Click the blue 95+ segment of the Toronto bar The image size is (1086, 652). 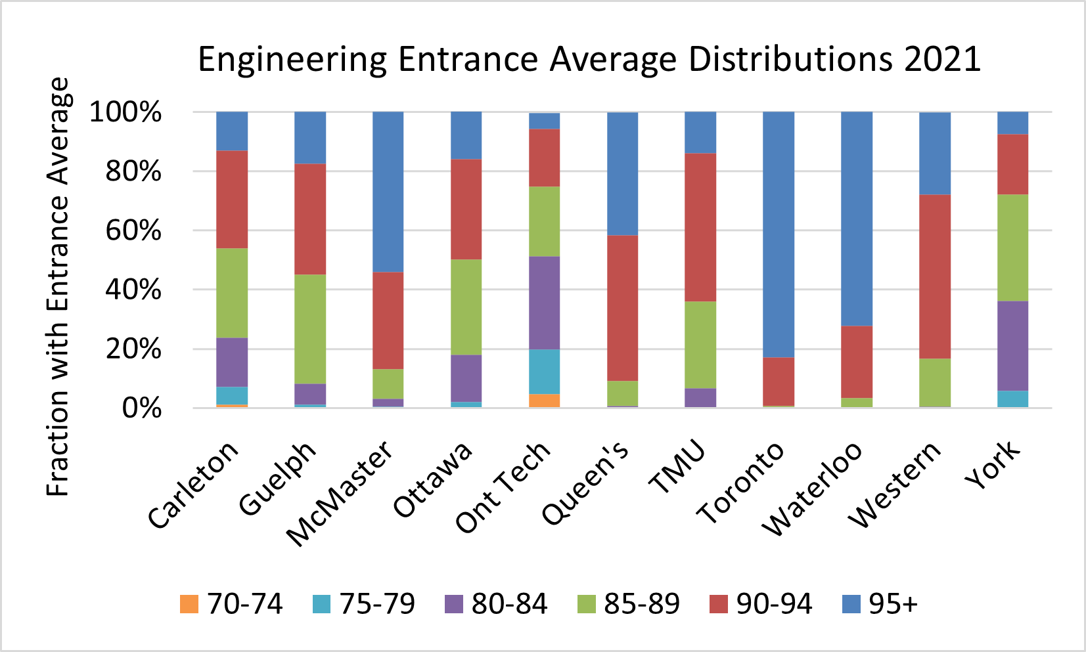[x=779, y=234]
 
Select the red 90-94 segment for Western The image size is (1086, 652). [x=934, y=276]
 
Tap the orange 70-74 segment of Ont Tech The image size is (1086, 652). [x=545, y=401]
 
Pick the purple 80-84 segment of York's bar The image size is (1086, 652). [x=1012, y=346]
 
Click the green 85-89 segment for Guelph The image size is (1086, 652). [x=309, y=329]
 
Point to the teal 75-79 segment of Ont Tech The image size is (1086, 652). [x=545, y=372]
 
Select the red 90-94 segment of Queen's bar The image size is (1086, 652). [x=622, y=308]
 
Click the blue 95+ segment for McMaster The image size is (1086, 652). [x=388, y=192]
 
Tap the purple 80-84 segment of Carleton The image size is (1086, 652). [x=232, y=362]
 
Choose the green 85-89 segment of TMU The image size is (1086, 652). [x=700, y=345]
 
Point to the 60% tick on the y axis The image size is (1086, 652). [x=133, y=230]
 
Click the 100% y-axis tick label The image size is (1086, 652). [x=125, y=112]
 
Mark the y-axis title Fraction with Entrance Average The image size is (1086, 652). [x=58, y=287]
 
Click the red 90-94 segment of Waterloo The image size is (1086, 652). [x=857, y=362]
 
